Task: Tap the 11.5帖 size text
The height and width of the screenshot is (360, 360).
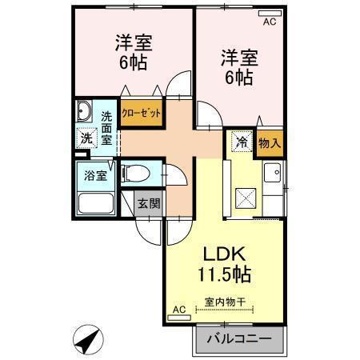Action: tap(225, 275)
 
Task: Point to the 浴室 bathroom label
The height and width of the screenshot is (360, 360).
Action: tap(96, 176)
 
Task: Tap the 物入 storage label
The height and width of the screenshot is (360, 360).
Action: tap(270, 143)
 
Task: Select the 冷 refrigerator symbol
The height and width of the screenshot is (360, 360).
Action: tap(240, 142)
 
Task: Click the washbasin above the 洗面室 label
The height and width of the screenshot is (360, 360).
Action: tap(85, 110)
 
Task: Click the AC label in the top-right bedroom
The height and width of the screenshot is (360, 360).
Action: tap(269, 22)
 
